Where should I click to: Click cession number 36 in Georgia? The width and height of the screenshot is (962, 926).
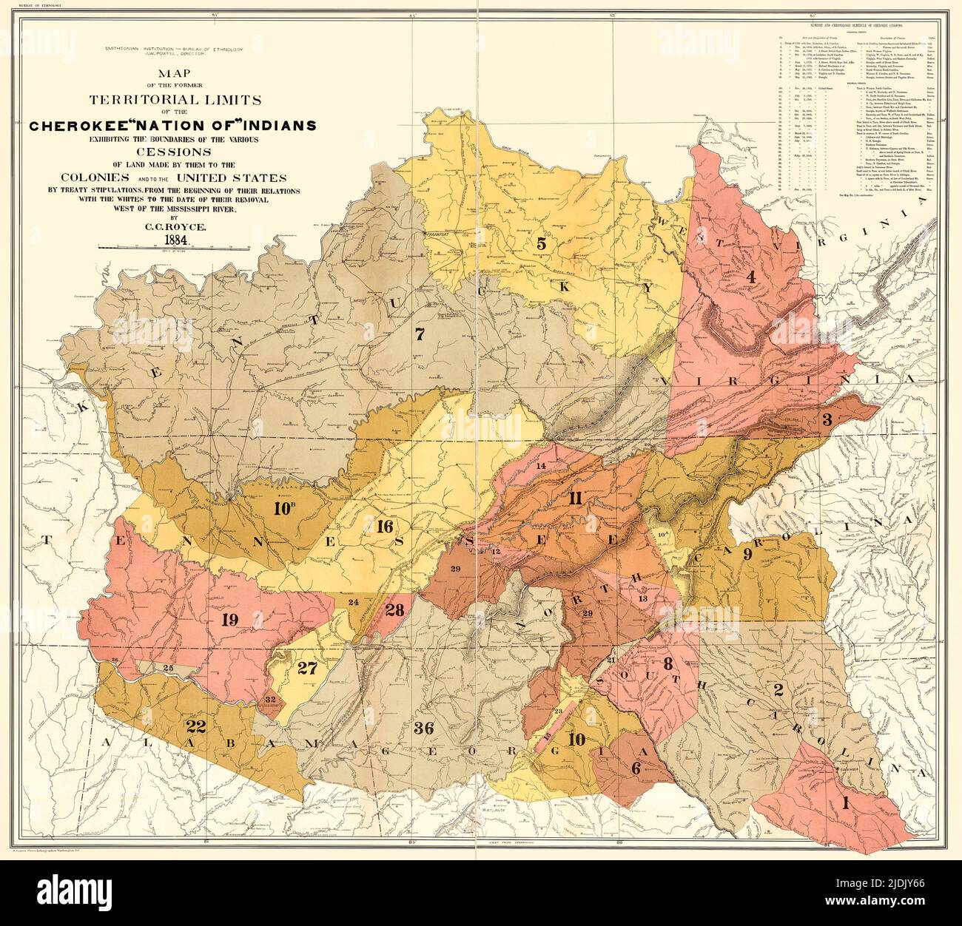coord(423,728)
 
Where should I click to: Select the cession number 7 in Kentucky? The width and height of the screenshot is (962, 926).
coord(420,334)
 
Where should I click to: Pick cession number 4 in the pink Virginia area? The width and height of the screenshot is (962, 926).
coord(750,277)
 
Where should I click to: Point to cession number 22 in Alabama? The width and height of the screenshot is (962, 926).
coord(196,724)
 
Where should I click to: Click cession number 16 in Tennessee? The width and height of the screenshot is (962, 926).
coord(384,527)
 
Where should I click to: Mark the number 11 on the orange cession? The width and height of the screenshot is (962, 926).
coord(575,498)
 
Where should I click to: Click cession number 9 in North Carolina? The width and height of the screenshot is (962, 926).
coord(747,554)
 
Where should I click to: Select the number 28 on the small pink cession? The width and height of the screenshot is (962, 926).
coord(394,609)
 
